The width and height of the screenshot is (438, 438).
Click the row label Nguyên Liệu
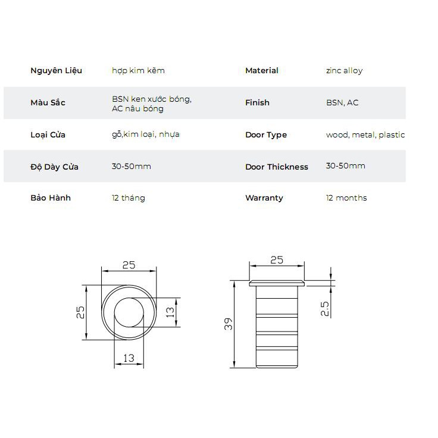(x=56, y=70)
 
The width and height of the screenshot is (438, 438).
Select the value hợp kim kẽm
(x=138, y=71)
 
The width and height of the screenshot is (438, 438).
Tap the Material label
(x=262, y=70)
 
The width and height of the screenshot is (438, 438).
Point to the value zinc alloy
(x=344, y=71)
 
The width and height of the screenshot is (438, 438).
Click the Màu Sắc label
(x=48, y=102)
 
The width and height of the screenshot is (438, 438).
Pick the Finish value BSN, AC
(x=342, y=103)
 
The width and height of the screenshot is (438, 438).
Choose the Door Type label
(x=266, y=135)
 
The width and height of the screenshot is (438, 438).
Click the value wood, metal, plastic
(x=365, y=135)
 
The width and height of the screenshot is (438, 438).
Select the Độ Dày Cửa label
(x=54, y=167)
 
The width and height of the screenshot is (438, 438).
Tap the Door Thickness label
(x=277, y=167)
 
